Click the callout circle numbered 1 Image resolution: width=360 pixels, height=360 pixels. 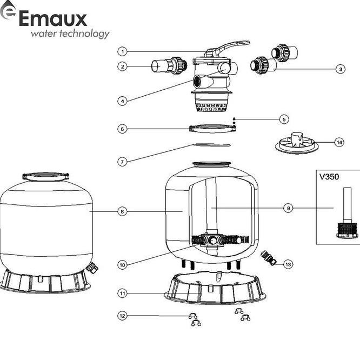tap(123, 51)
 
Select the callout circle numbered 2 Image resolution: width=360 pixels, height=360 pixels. tap(123, 66)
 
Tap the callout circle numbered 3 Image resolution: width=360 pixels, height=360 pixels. tap(340, 69)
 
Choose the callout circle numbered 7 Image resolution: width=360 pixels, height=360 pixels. tap(123, 161)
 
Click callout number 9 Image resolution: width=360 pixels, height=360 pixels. tap(288, 207)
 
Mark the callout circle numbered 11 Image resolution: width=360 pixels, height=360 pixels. tap(123, 293)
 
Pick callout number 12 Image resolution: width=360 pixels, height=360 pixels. tap(123, 316)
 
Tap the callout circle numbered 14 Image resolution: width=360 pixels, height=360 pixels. tap(339, 143)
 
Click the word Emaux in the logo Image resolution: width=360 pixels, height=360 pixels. tap(52, 19)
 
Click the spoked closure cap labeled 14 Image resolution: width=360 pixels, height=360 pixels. tap(295, 143)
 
